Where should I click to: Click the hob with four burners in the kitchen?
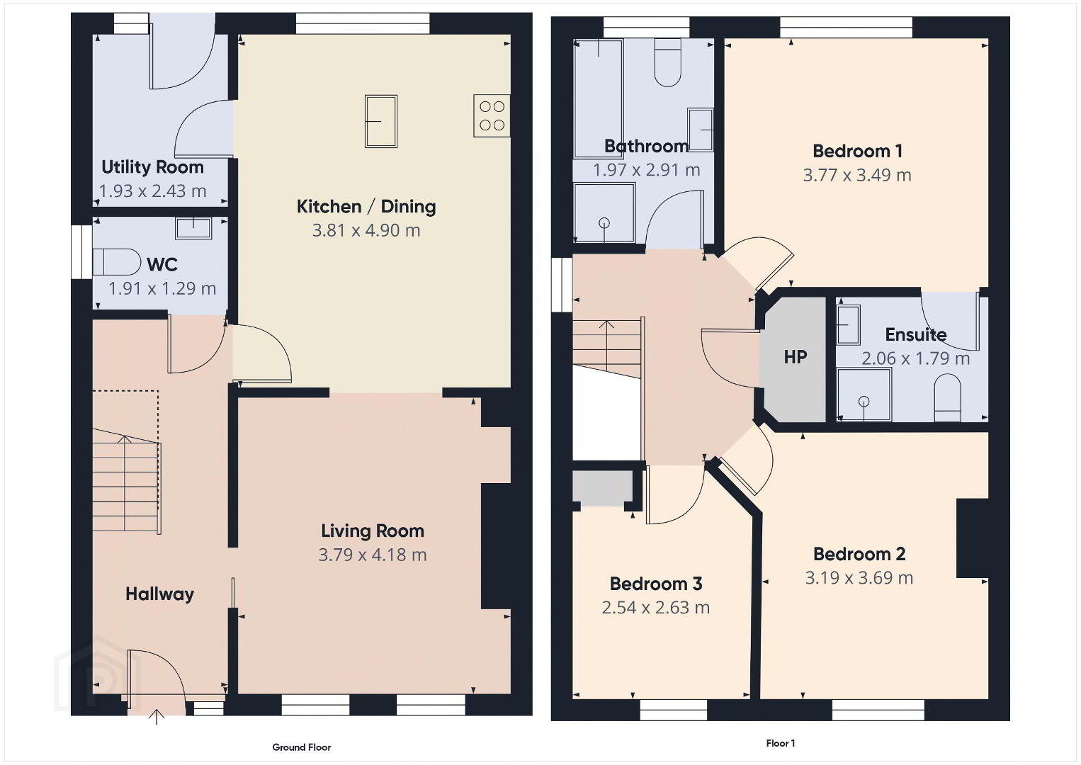click(492, 116)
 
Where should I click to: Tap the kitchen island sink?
click(381, 121)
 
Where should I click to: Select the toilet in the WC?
click(116, 262)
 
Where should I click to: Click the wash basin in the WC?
click(193, 228)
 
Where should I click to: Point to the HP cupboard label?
click(796, 357)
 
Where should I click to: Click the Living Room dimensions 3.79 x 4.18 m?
click(372, 555)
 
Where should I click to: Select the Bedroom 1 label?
click(857, 151)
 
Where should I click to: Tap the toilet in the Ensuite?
click(947, 398)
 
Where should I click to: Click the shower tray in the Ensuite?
click(864, 395)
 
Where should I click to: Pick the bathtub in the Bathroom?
click(598, 98)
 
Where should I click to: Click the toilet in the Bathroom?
click(668, 63)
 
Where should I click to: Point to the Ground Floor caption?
click(302, 747)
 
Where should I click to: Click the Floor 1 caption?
click(781, 743)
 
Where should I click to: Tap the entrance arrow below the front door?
click(157, 717)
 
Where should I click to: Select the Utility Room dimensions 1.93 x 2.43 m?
click(152, 191)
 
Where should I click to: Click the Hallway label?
click(159, 594)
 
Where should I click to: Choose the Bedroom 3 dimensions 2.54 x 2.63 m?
click(656, 608)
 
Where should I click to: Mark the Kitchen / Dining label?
click(366, 207)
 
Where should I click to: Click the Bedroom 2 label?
click(859, 554)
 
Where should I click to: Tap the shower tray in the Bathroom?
click(604, 212)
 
